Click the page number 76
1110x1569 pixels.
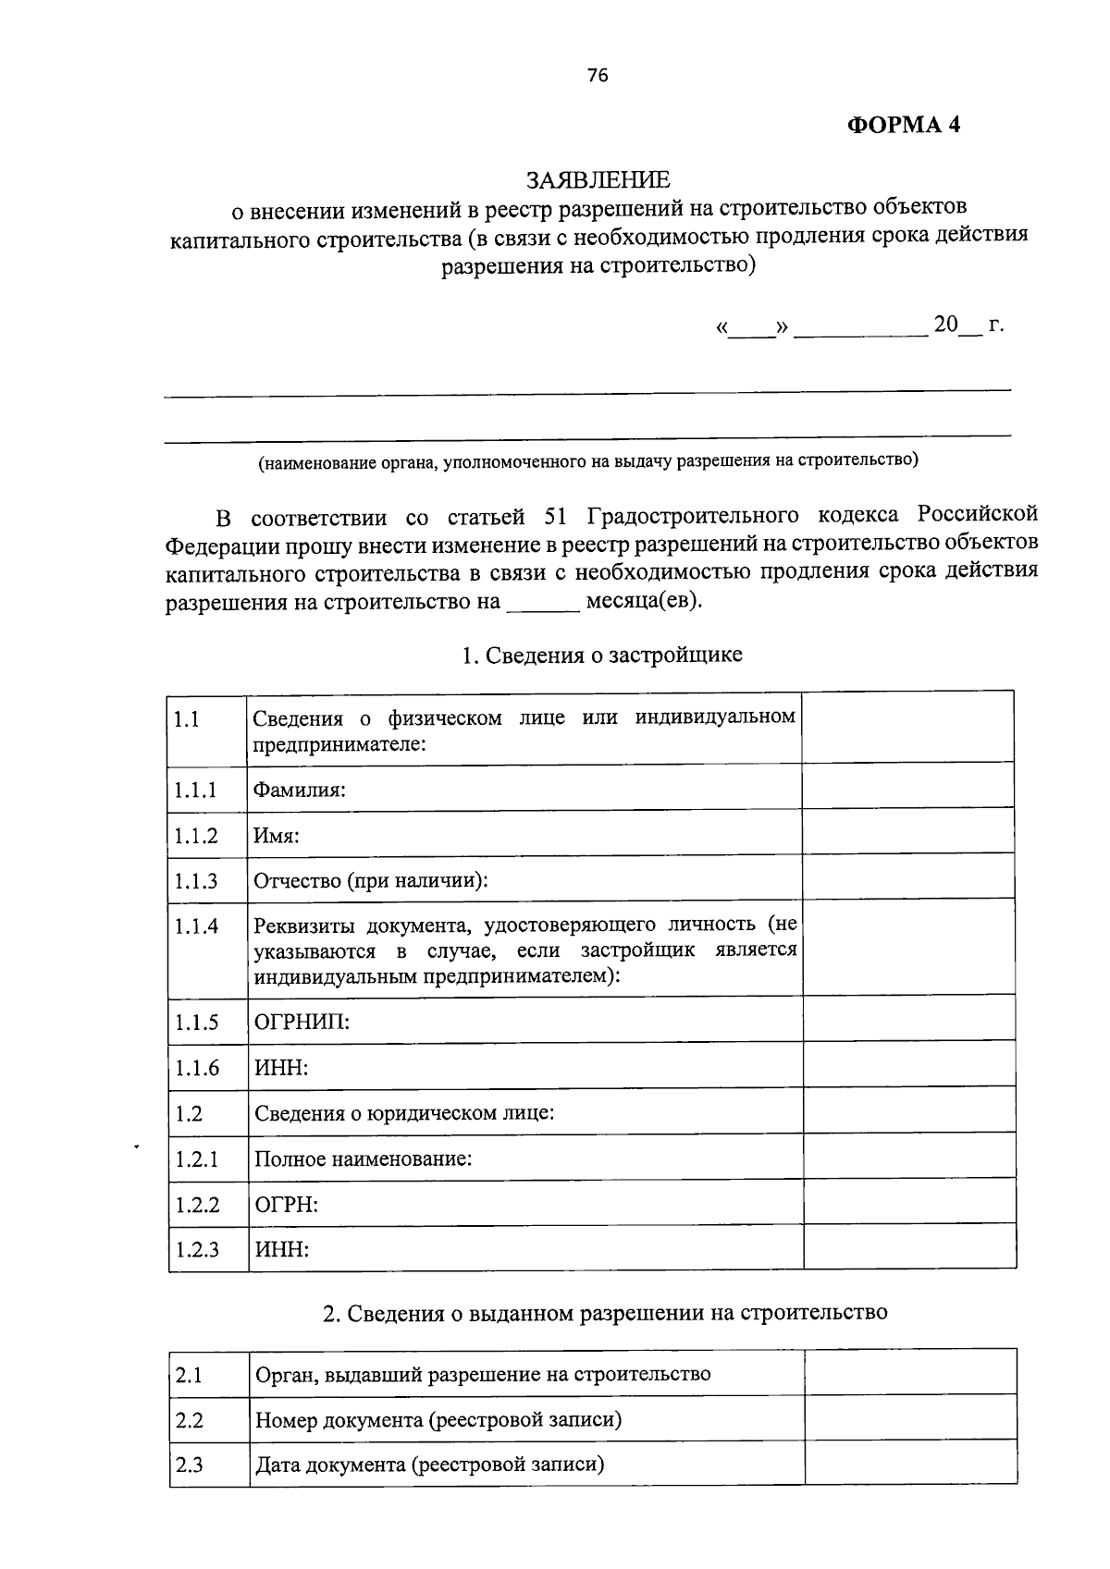598,77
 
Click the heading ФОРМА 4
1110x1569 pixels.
904,125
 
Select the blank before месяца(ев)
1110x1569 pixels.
543,603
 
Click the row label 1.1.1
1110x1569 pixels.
195,790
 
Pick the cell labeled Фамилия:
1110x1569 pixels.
300,790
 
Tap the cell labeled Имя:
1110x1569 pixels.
277,835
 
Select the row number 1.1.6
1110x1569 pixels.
196,1068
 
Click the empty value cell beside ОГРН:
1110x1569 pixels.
909,1204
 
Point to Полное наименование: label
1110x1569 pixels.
363,1158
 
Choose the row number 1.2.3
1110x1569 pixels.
196,1250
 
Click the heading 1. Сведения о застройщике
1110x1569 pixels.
601,656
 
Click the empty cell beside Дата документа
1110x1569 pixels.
910,1464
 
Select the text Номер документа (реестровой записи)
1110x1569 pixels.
438,1419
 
